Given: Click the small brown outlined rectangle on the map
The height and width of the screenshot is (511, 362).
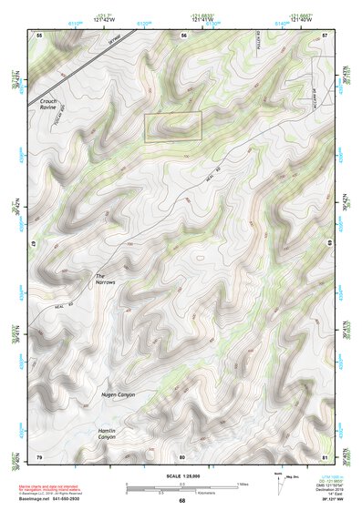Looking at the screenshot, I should [x=172, y=127].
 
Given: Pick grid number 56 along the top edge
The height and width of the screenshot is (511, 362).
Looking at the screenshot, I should [x=183, y=34].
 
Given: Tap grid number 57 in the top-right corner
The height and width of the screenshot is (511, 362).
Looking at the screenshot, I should [x=326, y=34].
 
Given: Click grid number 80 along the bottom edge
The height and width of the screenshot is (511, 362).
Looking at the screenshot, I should [x=182, y=455].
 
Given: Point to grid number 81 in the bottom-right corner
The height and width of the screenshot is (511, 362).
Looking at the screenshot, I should [x=326, y=455].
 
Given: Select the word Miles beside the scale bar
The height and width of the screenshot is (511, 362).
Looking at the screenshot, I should [x=243, y=483].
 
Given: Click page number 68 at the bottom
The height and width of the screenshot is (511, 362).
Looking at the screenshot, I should [x=181, y=501].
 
